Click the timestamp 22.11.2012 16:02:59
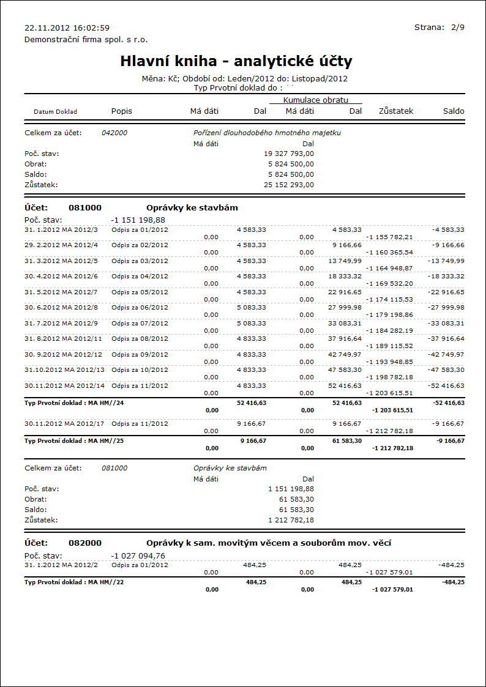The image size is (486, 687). [67, 28]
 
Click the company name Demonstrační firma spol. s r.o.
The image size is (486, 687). [86, 39]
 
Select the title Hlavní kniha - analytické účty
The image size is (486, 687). [236, 61]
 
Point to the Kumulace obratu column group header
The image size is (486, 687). [315, 100]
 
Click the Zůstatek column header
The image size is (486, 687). [396, 111]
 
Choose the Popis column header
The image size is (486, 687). [122, 111]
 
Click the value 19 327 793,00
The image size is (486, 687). [289, 154]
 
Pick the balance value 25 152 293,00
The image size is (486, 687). [289, 184]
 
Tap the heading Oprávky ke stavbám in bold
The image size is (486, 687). [192, 208]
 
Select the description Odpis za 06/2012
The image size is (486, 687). [140, 307]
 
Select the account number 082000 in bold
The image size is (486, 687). [85, 543]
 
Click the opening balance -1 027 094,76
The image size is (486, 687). [138, 555]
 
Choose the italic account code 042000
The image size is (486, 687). [114, 133]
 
